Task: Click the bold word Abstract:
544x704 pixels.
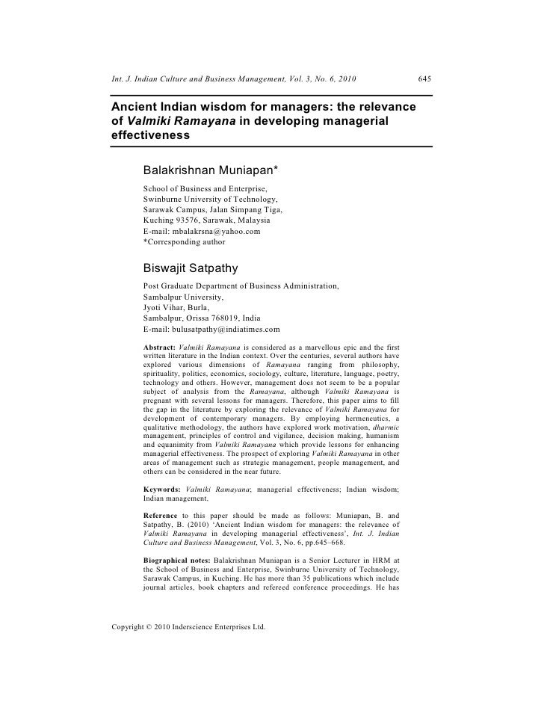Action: [x=159, y=348]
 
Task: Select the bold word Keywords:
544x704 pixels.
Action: [x=161, y=490]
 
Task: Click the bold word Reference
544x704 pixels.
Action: [x=160, y=515]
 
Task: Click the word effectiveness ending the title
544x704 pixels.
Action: [x=149, y=137]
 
